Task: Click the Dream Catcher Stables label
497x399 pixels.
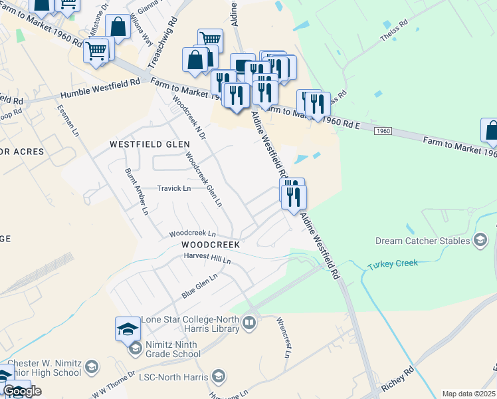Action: (x=423, y=241)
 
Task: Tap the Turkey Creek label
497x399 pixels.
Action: (x=393, y=264)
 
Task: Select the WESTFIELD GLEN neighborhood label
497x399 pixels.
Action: (x=145, y=144)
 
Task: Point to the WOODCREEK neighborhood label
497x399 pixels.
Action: (x=210, y=245)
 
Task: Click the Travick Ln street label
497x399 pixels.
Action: (x=173, y=188)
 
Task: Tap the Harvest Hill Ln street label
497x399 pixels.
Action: (x=207, y=257)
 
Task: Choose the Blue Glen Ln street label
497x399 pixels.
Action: (x=200, y=286)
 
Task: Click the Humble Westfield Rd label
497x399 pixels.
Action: (x=100, y=88)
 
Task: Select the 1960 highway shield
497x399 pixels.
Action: (x=382, y=132)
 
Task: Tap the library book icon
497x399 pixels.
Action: (x=249, y=323)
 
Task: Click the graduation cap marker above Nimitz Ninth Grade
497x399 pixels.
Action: (x=128, y=329)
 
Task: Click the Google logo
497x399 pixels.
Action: (x=22, y=391)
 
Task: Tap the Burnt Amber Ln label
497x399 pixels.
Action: (x=137, y=192)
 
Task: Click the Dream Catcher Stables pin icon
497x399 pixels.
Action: (x=480, y=241)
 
